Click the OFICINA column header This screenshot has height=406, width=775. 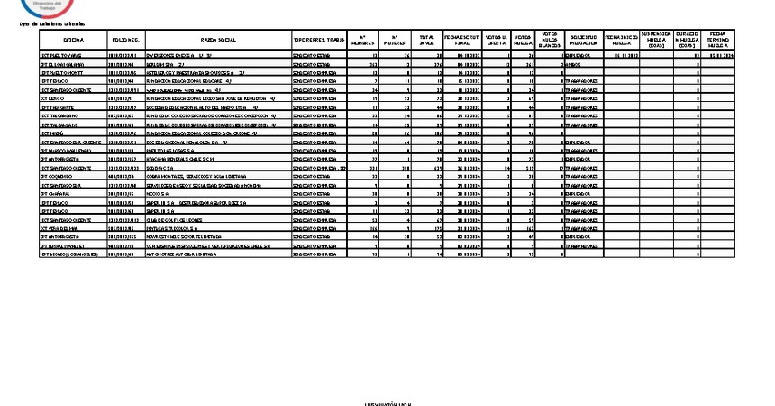point(74,41)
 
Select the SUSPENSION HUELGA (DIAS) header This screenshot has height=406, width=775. point(656,41)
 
